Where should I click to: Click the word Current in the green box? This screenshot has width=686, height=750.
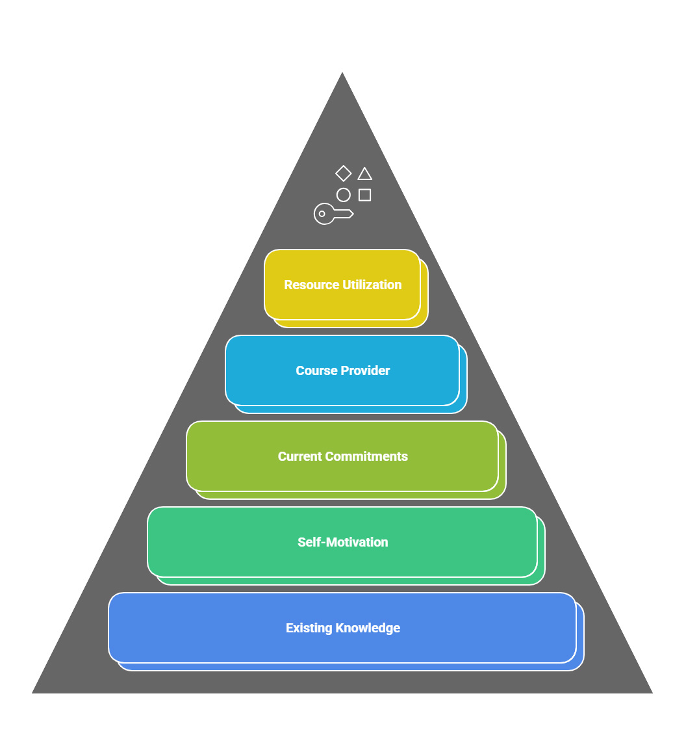(299, 456)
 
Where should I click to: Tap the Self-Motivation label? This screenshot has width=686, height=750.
(343, 542)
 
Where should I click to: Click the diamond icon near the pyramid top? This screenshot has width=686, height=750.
(344, 174)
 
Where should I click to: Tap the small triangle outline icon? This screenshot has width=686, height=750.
(365, 174)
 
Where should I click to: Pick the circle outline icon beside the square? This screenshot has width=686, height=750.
(344, 195)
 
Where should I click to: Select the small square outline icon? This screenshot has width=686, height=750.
(365, 195)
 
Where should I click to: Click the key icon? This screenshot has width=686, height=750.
(333, 214)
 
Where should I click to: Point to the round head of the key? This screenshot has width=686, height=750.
(324, 214)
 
